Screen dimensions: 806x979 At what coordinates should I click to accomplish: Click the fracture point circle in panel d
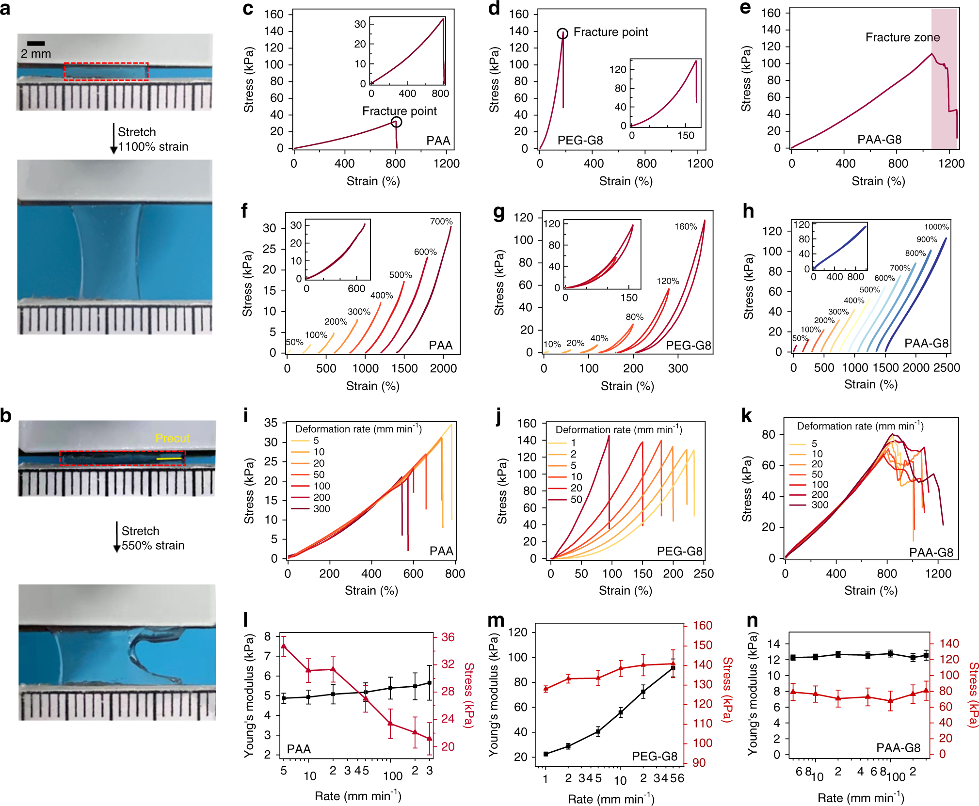point(562,33)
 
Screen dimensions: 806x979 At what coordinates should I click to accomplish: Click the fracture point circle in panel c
point(396,122)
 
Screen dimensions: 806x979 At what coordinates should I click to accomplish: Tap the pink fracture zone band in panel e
point(944,78)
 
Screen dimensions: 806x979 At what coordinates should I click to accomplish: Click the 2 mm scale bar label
point(36,54)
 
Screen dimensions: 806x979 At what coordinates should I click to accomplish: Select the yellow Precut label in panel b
point(172,438)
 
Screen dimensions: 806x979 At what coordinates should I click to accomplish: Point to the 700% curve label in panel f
point(441,221)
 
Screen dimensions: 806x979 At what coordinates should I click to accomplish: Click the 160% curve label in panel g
point(686,226)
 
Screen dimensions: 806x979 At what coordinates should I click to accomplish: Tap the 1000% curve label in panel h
point(936,227)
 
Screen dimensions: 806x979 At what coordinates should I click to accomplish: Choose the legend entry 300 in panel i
point(321,509)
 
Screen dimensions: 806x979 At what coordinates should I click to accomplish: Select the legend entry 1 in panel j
point(573,443)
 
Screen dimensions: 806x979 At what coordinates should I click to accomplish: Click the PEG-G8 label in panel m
point(654,756)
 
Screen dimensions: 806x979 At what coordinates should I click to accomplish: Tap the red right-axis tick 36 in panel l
point(448,637)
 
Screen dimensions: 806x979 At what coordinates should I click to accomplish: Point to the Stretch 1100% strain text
point(153,139)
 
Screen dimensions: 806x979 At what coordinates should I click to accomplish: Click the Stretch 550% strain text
point(153,538)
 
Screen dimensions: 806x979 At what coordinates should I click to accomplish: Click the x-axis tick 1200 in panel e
point(951,163)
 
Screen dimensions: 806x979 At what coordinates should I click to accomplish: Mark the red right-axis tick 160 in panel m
point(702,625)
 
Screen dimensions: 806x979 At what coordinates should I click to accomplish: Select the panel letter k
point(746,416)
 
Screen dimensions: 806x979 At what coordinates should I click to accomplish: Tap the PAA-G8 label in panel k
point(931,553)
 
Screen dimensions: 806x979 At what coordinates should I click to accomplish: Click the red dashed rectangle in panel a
point(106,71)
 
